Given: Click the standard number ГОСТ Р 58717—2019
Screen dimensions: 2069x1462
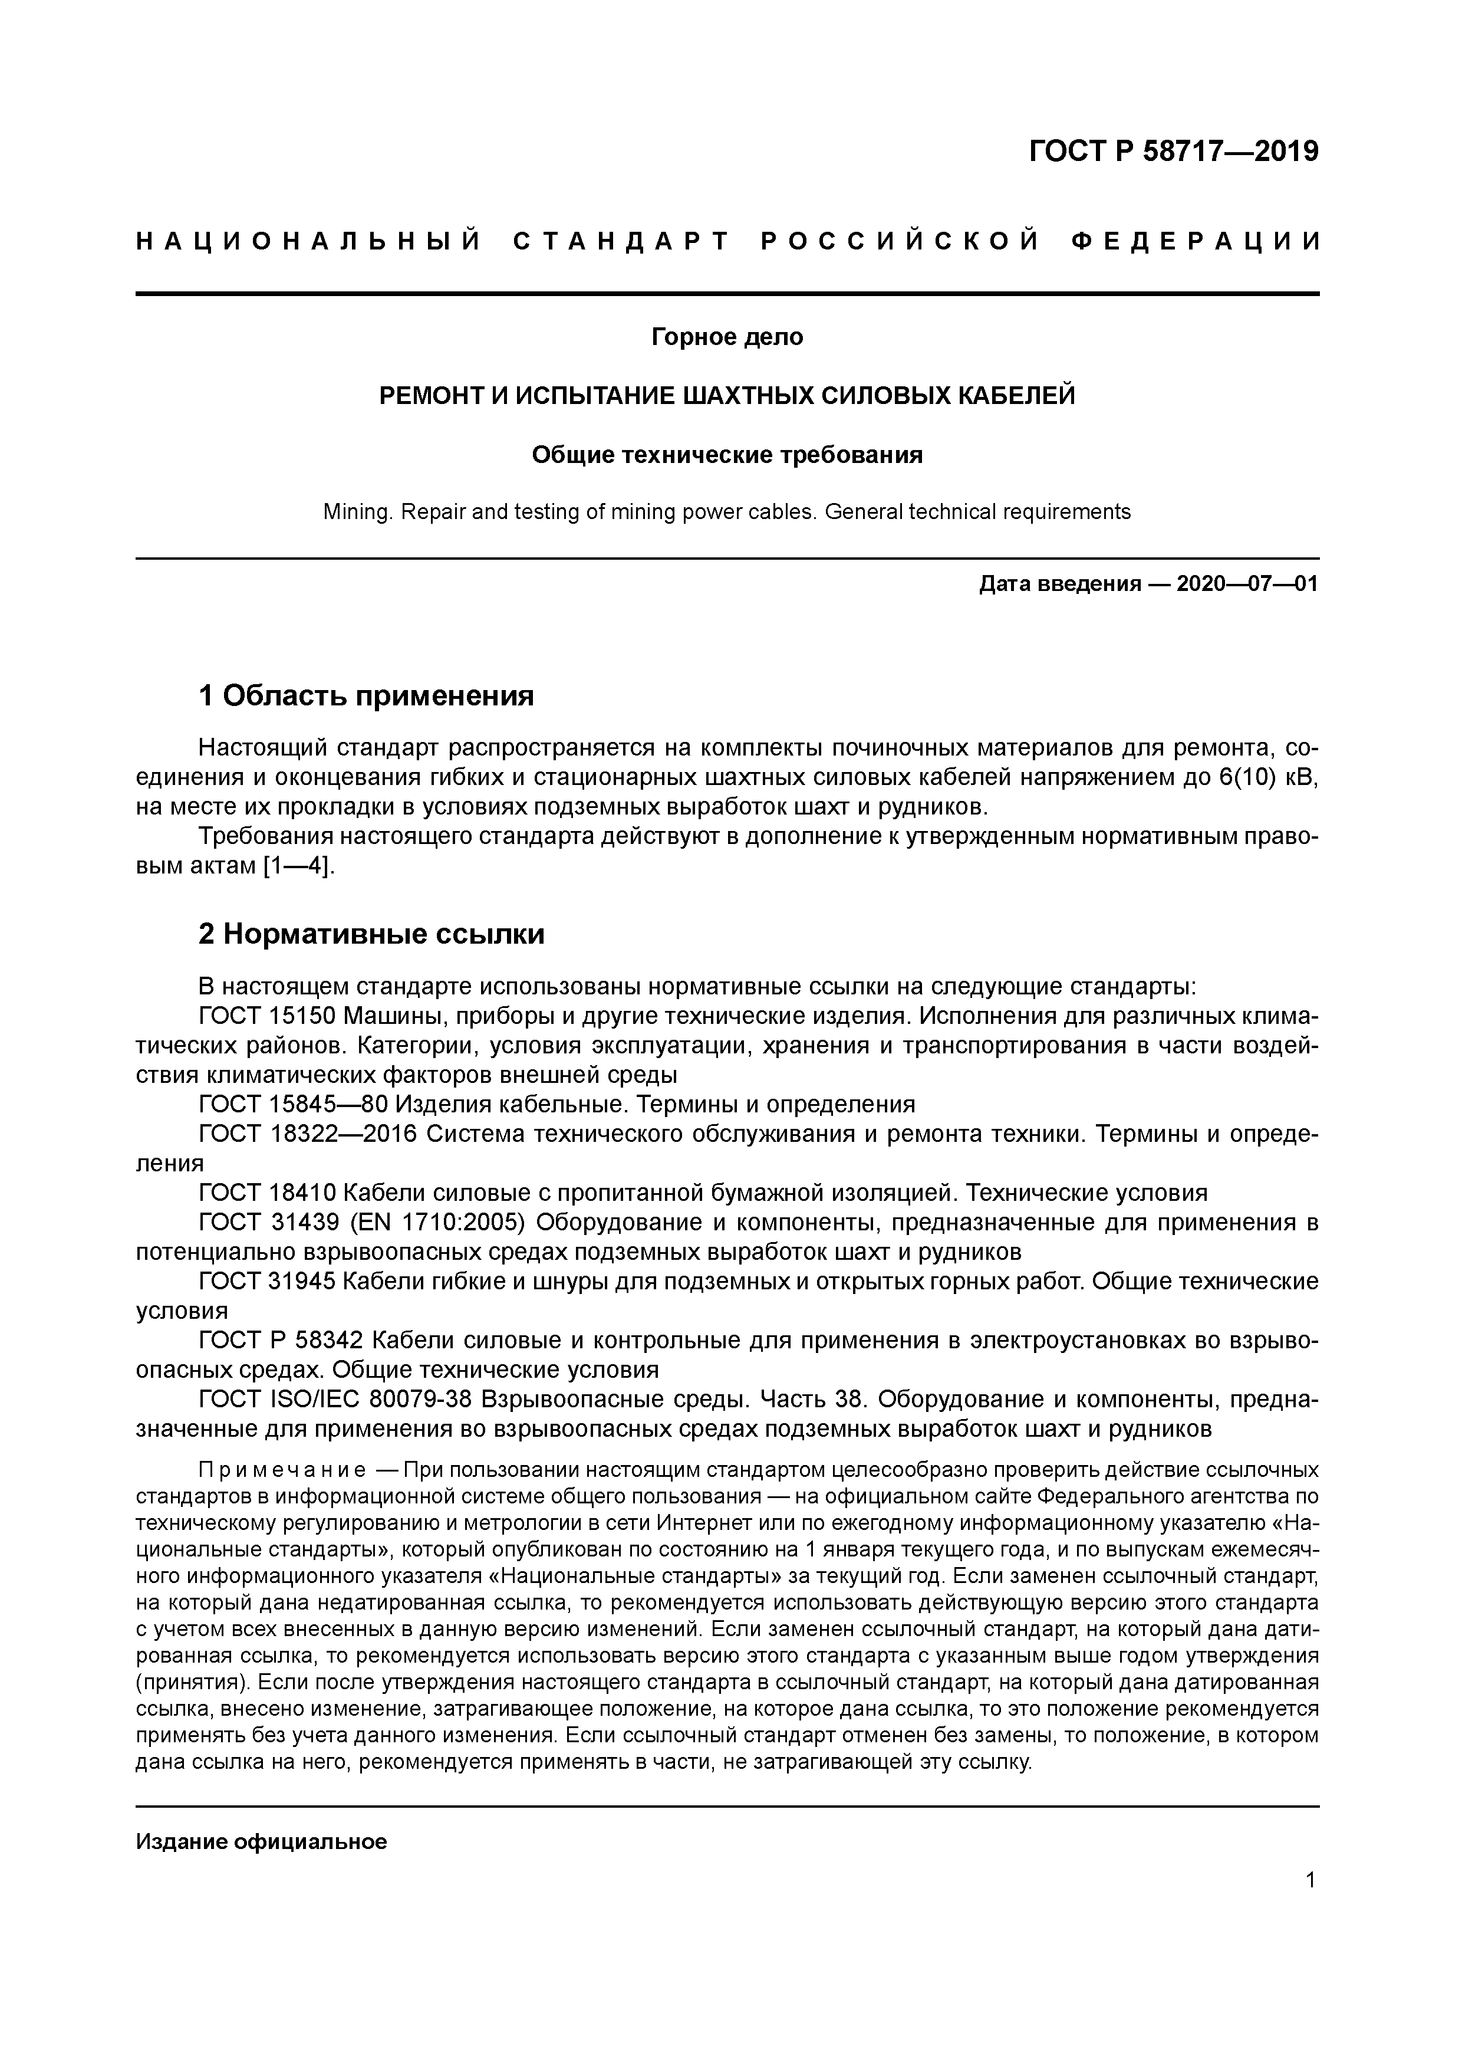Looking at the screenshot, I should point(1173,152).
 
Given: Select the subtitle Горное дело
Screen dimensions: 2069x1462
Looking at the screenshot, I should point(727,337).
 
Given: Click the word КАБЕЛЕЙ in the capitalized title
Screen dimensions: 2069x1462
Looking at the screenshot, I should point(1015,396).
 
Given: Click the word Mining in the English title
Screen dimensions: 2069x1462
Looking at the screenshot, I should point(357,512).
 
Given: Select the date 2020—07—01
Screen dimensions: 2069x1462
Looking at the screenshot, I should point(1247,584).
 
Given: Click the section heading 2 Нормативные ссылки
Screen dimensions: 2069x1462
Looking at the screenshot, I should point(371,934).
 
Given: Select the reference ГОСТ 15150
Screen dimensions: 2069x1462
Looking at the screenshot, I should point(266,1016).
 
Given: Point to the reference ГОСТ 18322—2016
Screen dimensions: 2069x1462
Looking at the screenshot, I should point(307,1135).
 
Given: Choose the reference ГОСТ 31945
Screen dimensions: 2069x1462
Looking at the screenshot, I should point(266,1282).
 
